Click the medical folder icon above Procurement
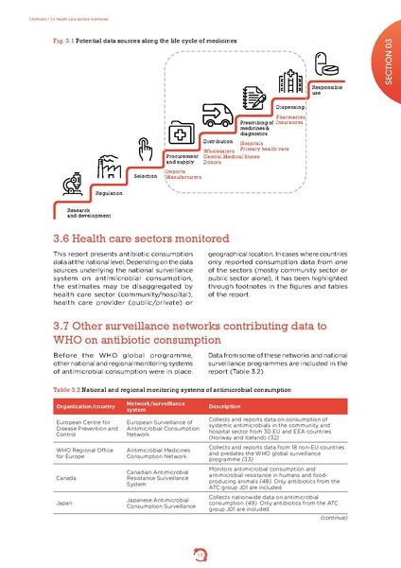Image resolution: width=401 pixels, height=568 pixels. point(181,133)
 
